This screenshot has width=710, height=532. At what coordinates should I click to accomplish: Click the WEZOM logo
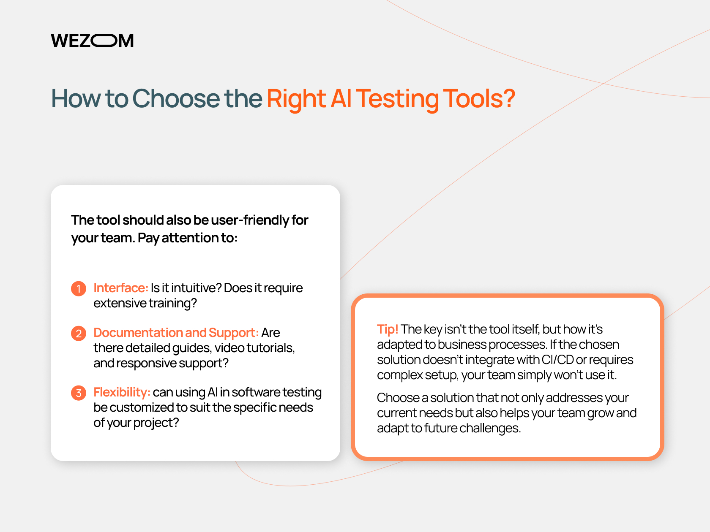(x=92, y=41)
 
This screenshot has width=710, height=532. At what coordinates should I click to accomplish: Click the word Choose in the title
(x=176, y=98)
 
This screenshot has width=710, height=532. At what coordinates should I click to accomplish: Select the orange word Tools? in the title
(x=479, y=98)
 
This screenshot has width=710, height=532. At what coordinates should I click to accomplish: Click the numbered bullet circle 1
(x=79, y=288)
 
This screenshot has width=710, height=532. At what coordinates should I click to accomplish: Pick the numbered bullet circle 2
(x=79, y=334)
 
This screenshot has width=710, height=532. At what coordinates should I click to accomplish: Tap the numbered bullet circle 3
(x=79, y=393)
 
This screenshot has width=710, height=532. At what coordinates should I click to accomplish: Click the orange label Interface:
(x=121, y=288)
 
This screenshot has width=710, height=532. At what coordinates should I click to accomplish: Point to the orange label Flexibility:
(x=122, y=393)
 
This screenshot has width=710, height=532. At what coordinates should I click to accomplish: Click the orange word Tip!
(x=388, y=329)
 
